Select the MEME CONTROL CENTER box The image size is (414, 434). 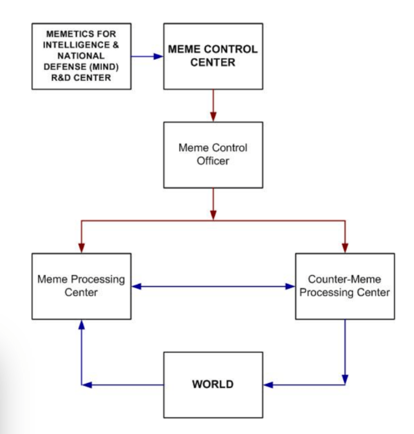[213, 56]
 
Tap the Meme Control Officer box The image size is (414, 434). [213, 155]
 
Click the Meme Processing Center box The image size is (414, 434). [81, 286]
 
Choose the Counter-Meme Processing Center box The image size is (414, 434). [344, 286]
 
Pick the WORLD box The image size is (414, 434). [213, 385]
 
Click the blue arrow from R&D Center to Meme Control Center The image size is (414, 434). [147, 56]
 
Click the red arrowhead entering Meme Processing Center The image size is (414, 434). [81, 248]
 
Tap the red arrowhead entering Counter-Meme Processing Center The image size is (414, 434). [345, 248]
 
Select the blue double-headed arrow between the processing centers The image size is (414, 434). [213, 287]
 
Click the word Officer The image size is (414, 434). [213, 161]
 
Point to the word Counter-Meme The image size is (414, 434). [344, 280]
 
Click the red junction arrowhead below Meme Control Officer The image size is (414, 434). [213, 214]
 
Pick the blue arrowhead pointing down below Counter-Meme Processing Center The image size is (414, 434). [345, 378]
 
